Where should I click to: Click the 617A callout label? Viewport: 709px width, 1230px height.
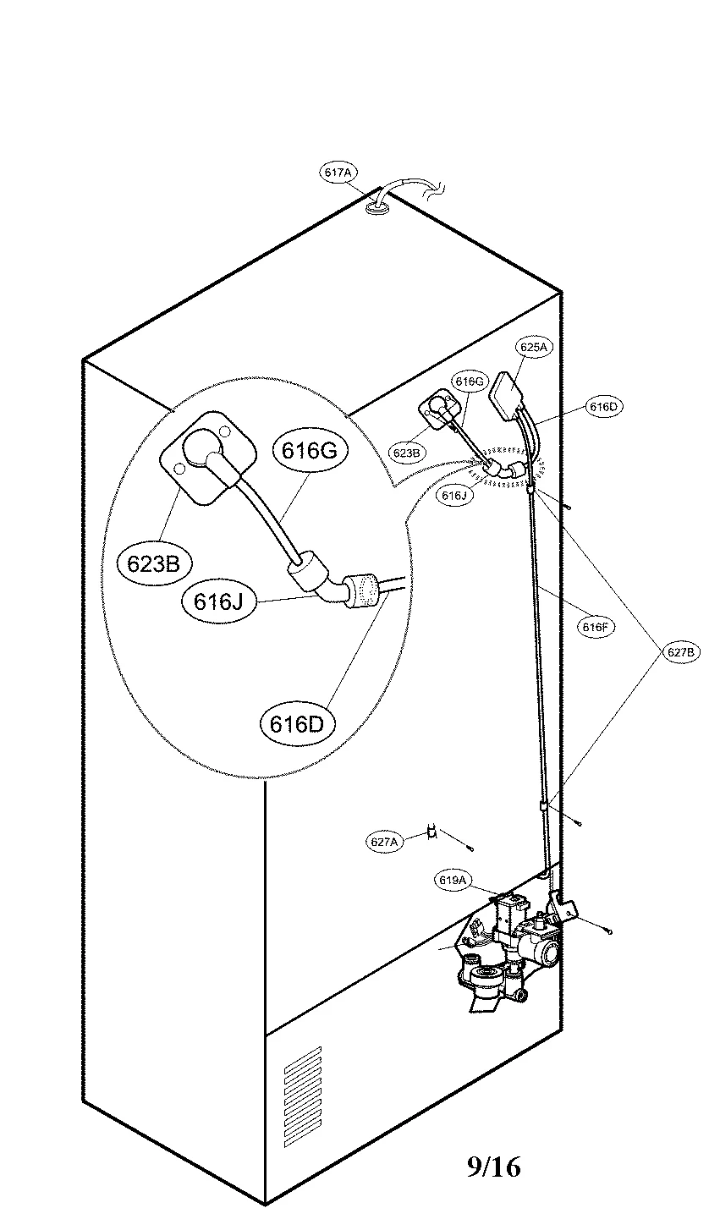click(338, 173)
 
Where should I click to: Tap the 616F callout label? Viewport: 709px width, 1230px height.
click(593, 627)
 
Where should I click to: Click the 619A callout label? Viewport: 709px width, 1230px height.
click(453, 881)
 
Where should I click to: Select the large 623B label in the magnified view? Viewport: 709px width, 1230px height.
click(154, 563)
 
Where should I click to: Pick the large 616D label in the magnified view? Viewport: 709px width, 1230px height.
click(297, 723)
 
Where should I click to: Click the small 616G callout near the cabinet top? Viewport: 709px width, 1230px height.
click(469, 382)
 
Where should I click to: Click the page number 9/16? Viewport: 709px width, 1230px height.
click(493, 1168)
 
